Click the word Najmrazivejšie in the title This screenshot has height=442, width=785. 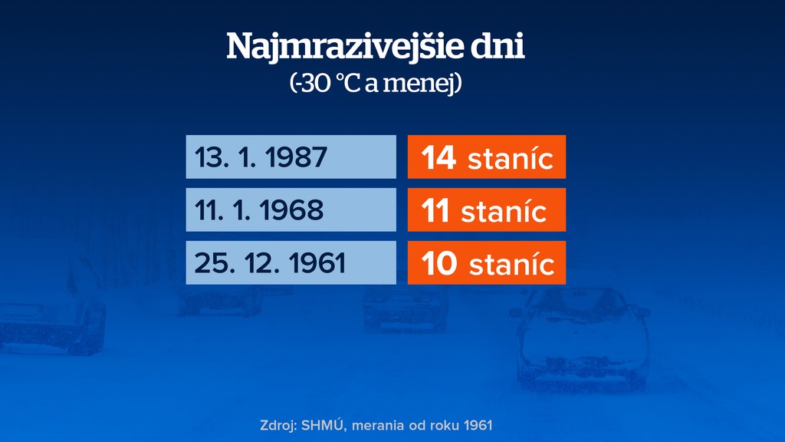click(x=344, y=48)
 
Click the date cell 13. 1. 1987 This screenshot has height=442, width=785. click(x=291, y=157)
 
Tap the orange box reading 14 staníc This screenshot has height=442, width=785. click(x=487, y=157)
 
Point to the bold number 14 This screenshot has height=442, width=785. click(x=439, y=158)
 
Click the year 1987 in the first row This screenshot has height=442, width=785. click(x=296, y=158)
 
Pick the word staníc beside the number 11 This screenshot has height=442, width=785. click(x=504, y=211)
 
